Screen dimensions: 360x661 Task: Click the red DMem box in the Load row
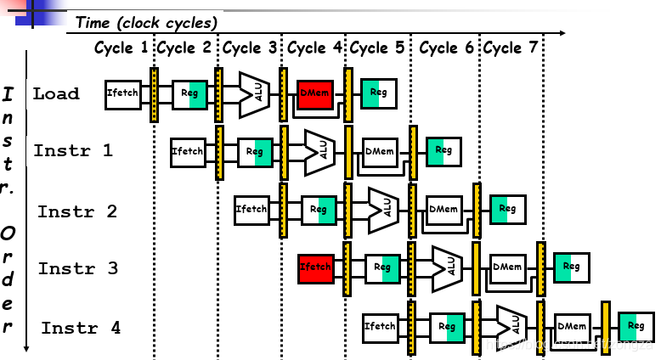(316, 94)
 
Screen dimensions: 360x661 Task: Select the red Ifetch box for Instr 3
(316, 267)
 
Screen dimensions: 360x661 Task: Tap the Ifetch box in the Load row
(122, 93)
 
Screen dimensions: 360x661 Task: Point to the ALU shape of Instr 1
(319, 150)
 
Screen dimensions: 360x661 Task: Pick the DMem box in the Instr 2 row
(443, 208)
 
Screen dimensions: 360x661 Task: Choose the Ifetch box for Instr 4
(380, 326)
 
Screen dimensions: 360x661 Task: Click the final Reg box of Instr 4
(636, 326)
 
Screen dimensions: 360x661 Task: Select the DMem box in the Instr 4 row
(572, 326)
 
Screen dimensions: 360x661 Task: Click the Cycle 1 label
(121, 48)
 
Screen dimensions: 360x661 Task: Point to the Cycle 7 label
(511, 48)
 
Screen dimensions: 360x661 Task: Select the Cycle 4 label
(314, 48)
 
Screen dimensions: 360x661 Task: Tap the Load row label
(56, 93)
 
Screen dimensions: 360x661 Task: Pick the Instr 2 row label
(77, 211)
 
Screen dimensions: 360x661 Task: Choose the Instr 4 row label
(82, 328)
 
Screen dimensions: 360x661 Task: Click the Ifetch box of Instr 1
(187, 151)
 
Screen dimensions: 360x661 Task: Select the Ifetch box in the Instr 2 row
(251, 209)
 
